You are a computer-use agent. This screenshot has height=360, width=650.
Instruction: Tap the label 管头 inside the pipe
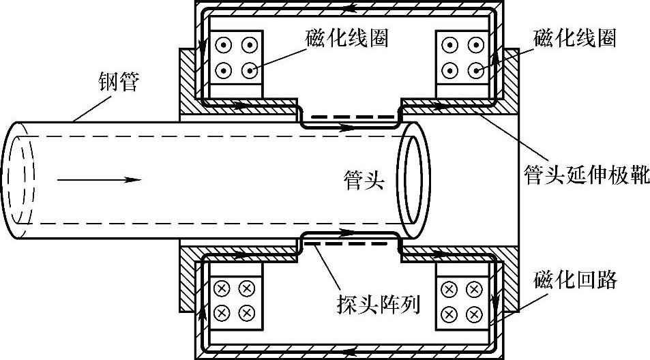pos(364,181)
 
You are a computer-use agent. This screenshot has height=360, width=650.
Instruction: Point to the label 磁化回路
pos(576,279)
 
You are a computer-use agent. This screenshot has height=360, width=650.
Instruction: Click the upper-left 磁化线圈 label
pos(347,38)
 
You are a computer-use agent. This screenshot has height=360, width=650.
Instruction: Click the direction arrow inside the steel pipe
pos(99,180)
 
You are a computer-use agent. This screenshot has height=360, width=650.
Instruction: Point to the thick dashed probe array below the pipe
pos(349,241)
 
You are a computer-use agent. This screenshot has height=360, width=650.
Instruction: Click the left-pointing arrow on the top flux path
pos(350,12)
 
